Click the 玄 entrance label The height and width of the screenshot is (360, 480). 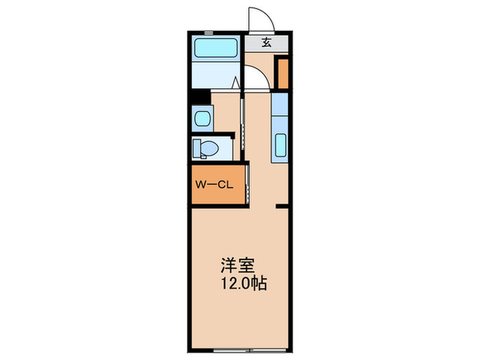267,43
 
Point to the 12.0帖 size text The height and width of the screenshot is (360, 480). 240,283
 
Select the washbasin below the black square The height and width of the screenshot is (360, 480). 202,119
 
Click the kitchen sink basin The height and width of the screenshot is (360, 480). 280,147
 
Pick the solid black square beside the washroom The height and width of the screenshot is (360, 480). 199,97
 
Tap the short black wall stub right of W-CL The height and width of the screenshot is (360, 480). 281,205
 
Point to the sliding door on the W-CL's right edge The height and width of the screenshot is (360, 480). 247,183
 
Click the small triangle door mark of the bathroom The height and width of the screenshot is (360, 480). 236,84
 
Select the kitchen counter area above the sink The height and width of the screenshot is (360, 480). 279,110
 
